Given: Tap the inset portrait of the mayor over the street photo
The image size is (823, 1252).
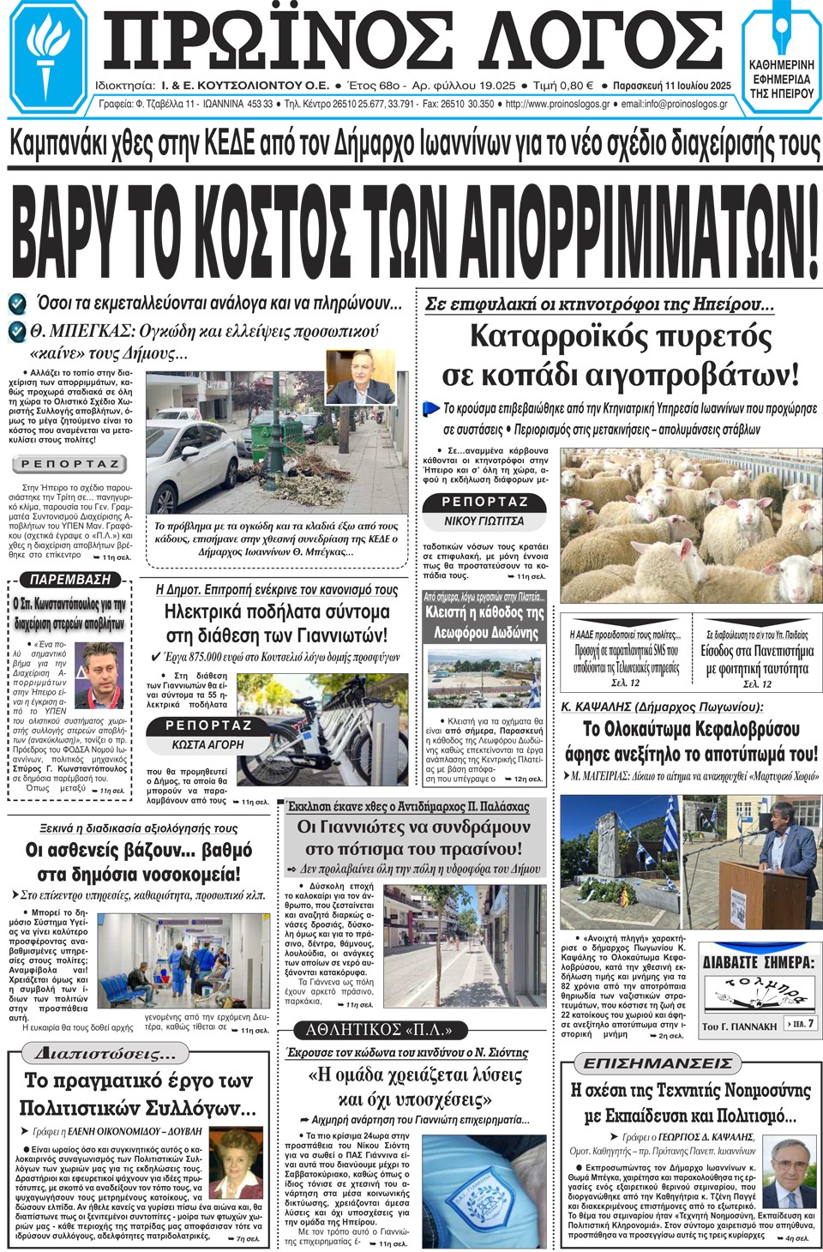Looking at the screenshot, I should [x=360, y=377].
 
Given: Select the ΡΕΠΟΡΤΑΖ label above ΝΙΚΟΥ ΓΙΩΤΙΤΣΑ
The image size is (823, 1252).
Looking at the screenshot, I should [x=484, y=502].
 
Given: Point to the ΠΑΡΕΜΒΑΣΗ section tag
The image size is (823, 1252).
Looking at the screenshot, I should [x=69, y=580].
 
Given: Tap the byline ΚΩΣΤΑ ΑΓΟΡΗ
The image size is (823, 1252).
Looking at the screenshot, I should [x=207, y=745].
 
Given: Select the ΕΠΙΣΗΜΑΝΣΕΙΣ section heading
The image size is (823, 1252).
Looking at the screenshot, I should [x=658, y=1063].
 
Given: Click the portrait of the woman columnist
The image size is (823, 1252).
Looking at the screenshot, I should [x=237, y=1163].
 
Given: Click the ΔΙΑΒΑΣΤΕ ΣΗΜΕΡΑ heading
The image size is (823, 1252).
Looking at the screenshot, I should [x=758, y=962].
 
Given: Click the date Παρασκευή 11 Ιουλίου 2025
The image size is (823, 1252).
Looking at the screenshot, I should [x=671, y=86].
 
